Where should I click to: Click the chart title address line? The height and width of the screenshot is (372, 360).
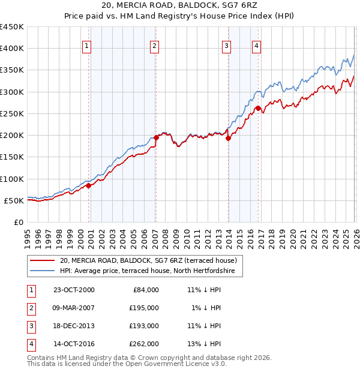(179, 5)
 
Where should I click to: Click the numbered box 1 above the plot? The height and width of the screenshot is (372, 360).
(87, 46)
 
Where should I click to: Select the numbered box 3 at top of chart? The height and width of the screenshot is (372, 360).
(226, 46)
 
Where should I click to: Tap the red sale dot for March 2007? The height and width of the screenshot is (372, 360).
(156, 137)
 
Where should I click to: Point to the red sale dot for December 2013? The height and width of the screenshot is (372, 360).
(229, 138)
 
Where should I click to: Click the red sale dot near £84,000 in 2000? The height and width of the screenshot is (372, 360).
(89, 185)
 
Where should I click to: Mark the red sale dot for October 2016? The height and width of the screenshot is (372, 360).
(258, 108)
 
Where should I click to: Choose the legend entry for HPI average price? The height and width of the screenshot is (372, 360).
(151, 272)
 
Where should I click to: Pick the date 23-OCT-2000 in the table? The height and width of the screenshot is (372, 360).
(74, 290)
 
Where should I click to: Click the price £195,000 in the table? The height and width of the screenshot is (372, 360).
(144, 308)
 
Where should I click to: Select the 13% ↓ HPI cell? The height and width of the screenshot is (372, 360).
(204, 344)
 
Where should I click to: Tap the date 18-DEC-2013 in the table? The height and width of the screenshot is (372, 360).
(74, 326)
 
